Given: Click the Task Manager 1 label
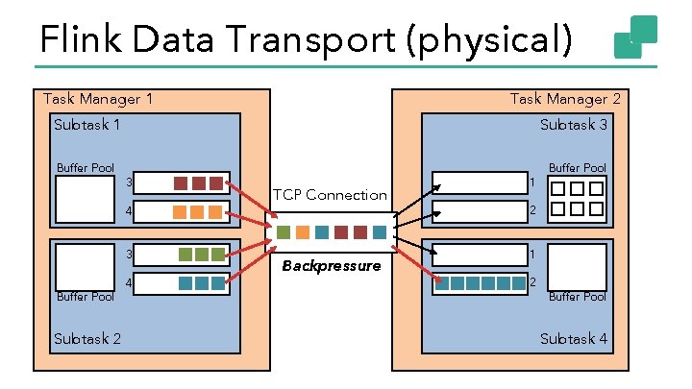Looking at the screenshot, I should tap(97, 99).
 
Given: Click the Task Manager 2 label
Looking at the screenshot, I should tap(565, 99).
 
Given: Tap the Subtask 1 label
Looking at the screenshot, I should tap(87, 125).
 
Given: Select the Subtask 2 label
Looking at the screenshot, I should tap(87, 338).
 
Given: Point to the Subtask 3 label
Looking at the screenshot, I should tap(574, 125).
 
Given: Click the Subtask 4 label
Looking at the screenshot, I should tap(574, 338).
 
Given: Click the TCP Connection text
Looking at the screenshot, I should tap(330, 195).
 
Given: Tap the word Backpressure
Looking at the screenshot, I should tap(331, 265).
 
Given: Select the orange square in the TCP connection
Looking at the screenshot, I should tap(303, 232).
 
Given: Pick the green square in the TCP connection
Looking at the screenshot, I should tap(284, 232).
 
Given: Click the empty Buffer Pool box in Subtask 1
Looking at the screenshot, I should tap(86, 199).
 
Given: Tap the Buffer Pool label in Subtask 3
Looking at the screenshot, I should tap(578, 168).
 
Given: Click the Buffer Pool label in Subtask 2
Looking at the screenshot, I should tap(86, 297).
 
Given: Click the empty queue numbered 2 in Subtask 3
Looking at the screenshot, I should tap(478, 208).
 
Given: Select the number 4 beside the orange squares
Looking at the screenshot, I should tap(129, 209).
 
